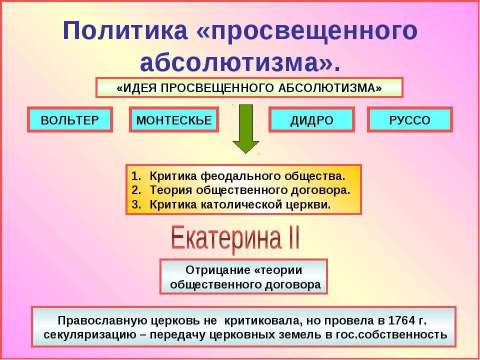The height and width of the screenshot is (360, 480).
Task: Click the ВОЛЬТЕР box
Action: coord(69,120)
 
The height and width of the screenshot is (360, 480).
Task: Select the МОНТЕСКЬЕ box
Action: coord(173,120)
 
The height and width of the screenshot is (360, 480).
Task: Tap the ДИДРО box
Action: coord(311,120)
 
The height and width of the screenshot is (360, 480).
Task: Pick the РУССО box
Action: coord(409,120)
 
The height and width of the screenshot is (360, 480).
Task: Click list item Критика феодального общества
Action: coord(247,176)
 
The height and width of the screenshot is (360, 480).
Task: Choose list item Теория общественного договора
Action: coord(249,190)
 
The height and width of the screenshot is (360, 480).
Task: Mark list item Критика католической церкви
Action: coord(240,204)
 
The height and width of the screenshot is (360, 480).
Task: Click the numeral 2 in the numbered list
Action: coord(135,190)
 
